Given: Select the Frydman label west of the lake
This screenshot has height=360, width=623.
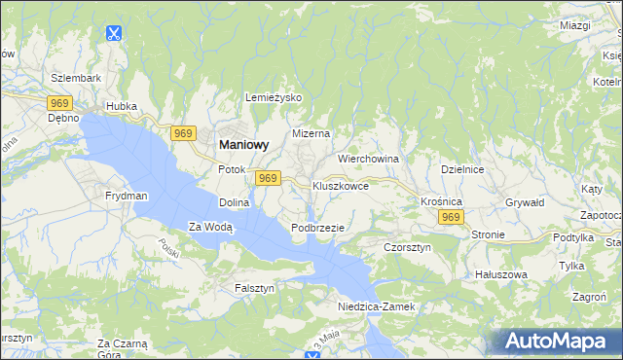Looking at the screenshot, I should coord(127,196).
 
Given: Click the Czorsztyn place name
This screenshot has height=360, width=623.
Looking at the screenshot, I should coord(407,248).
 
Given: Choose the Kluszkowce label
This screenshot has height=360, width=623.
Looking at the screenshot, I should coord(340,185).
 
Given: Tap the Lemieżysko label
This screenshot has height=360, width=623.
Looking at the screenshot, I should coord(275,98).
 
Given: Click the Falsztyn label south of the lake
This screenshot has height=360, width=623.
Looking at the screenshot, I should coord(255,288).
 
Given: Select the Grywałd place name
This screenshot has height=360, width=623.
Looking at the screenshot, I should coord(525,203).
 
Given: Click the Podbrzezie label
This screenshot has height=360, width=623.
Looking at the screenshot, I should coord(318,228).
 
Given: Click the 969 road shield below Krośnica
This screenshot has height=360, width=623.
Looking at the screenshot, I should coord(450,218).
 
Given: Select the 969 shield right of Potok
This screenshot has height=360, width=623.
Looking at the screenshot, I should coord(268,178).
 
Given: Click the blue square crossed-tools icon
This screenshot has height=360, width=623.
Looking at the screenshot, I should coord(114,33).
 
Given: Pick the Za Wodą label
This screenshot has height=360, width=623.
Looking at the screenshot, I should coord(211,228).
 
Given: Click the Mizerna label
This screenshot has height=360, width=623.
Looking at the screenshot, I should coord(311,133).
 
